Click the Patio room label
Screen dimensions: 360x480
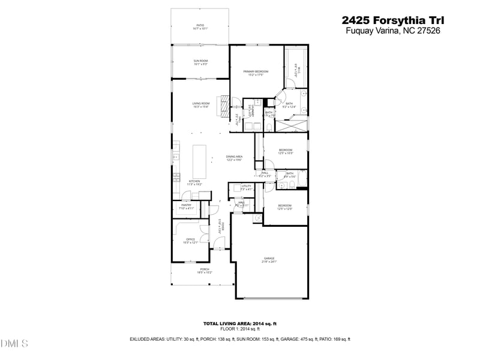click(x=200, y=26)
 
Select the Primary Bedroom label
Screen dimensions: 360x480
click(x=256, y=73)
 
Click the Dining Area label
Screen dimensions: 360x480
click(x=234, y=158)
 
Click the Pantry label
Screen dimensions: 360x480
click(x=185, y=206)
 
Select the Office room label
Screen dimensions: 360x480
click(x=190, y=241)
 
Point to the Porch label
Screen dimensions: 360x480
click(x=205, y=271)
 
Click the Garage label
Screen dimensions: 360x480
click(x=269, y=260)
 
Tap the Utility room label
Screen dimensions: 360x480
click(x=246, y=187)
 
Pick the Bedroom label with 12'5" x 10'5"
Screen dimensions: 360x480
click(x=286, y=151)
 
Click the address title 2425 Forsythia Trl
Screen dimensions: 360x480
click(x=392, y=21)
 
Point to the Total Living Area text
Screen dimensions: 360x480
click(x=239, y=323)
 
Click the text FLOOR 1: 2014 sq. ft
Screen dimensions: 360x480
click(x=239, y=329)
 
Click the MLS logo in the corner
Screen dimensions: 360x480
click(x=14, y=344)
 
